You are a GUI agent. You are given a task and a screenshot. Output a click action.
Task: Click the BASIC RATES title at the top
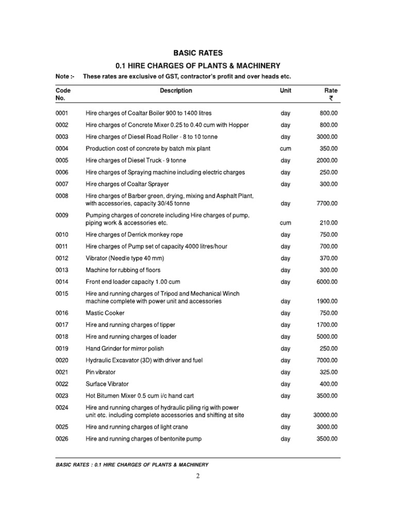[x=197, y=53]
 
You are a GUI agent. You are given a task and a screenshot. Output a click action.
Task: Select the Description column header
[x=176, y=91]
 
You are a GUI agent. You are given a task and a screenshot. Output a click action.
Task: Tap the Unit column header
[x=285, y=91]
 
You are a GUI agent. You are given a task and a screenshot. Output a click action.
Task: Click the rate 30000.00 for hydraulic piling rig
[x=324, y=415]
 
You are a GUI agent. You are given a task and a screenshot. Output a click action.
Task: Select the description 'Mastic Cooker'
[x=105, y=313]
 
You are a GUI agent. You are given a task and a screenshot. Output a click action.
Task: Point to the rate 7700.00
[x=327, y=204]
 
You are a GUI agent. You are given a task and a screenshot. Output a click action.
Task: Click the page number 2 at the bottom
[x=197, y=476]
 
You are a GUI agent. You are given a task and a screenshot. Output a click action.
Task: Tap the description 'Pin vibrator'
[x=101, y=372]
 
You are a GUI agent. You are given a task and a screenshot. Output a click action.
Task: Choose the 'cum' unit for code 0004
[x=285, y=148]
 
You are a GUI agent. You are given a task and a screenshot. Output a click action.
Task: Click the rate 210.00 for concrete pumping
[x=328, y=223]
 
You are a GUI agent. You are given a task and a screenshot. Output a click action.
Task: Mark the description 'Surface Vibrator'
[x=107, y=384]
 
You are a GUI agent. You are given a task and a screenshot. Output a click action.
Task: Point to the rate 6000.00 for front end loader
[x=327, y=282]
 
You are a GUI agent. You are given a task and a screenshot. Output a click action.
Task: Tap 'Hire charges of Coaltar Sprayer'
[x=127, y=184]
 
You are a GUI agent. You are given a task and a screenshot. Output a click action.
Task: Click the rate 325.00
[x=328, y=372]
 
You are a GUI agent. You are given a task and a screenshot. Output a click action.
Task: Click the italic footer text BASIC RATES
[x=74, y=465]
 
